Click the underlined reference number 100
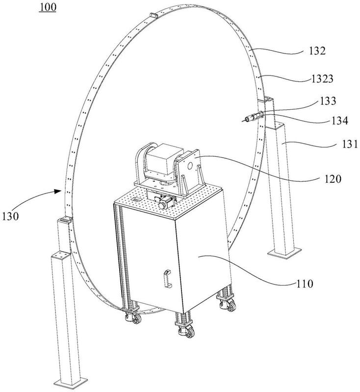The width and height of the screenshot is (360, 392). click(x=48, y=7)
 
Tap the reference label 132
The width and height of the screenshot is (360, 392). click(x=317, y=51)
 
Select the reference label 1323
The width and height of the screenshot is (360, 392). click(x=322, y=79)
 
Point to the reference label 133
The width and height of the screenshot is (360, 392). click(x=328, y=101)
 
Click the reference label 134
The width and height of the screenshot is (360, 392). click(x=340, y=121)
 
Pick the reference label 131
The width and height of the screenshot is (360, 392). click(x=350, y=144)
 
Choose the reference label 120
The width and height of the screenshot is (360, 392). click(x=333, y=179)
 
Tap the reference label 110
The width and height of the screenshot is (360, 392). click(x=305, y=284)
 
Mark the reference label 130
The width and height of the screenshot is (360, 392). click(x=10, y=216)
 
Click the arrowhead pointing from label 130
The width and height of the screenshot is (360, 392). click(x=59, y=191)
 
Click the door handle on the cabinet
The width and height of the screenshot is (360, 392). click(x=167, y=278)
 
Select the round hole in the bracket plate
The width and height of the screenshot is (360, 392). click(x=190, y=165)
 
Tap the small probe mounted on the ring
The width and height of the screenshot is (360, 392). click(x=253, y=117)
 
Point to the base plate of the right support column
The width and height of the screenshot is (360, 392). click(x=284, y=251)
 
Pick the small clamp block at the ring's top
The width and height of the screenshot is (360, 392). click(x=154, y=16)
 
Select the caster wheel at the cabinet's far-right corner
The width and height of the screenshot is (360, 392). click(x=228, y=304)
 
